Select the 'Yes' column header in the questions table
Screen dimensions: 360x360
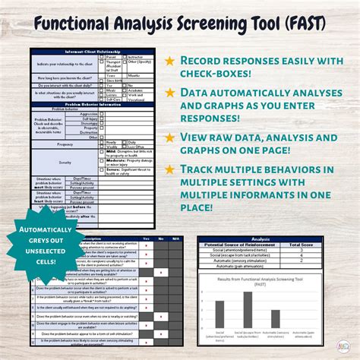click(145, 238)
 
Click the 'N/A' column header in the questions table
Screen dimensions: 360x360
click(177, 238)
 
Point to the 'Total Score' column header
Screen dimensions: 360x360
click(312, 245)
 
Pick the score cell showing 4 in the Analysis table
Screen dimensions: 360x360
click(312, 256)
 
